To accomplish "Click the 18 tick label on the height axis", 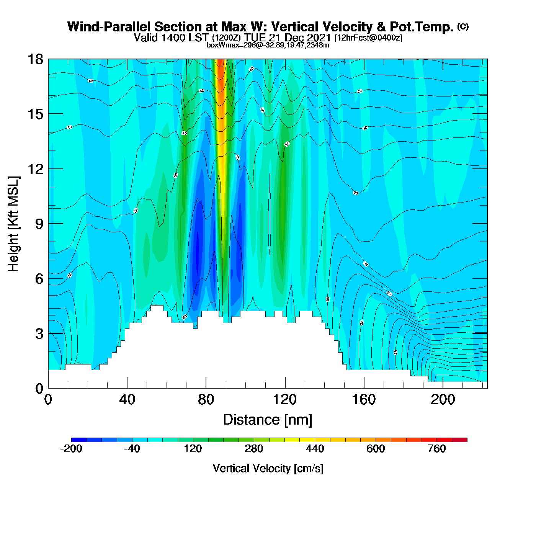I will pos(34,60).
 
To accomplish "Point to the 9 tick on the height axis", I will pos(39,224).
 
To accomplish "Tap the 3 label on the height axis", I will pos(39,334).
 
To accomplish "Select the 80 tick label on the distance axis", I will pos(206,400).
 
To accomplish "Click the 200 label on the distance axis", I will pos(443,400).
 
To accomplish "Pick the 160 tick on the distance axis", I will pos(364,400).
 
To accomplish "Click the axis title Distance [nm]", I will pos(268,420).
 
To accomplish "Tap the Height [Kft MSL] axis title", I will pos(14,224).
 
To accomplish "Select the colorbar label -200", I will pos(71,449).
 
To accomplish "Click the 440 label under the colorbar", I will pos(315,449).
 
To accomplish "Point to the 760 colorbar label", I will pos(436,449).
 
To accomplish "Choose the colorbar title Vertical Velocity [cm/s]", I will pos(268,469).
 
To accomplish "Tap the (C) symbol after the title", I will pos(462,26).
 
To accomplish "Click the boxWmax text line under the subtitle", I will pos(268,45).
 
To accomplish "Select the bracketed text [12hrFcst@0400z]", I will pos(368,38).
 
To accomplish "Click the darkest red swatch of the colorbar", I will pos(459,440).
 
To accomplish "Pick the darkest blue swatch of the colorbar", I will pos(79,440).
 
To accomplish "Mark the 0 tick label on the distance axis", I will pos(48,400).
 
